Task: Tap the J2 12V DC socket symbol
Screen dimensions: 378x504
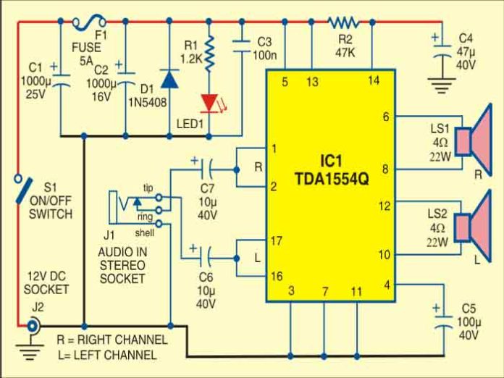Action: (x=32, y=327)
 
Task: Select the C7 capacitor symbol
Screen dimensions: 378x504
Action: (x=206, y=171)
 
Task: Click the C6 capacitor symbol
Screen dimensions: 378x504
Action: (x=206, y=255)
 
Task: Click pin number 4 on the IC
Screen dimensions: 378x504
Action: (x=387, y=285)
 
